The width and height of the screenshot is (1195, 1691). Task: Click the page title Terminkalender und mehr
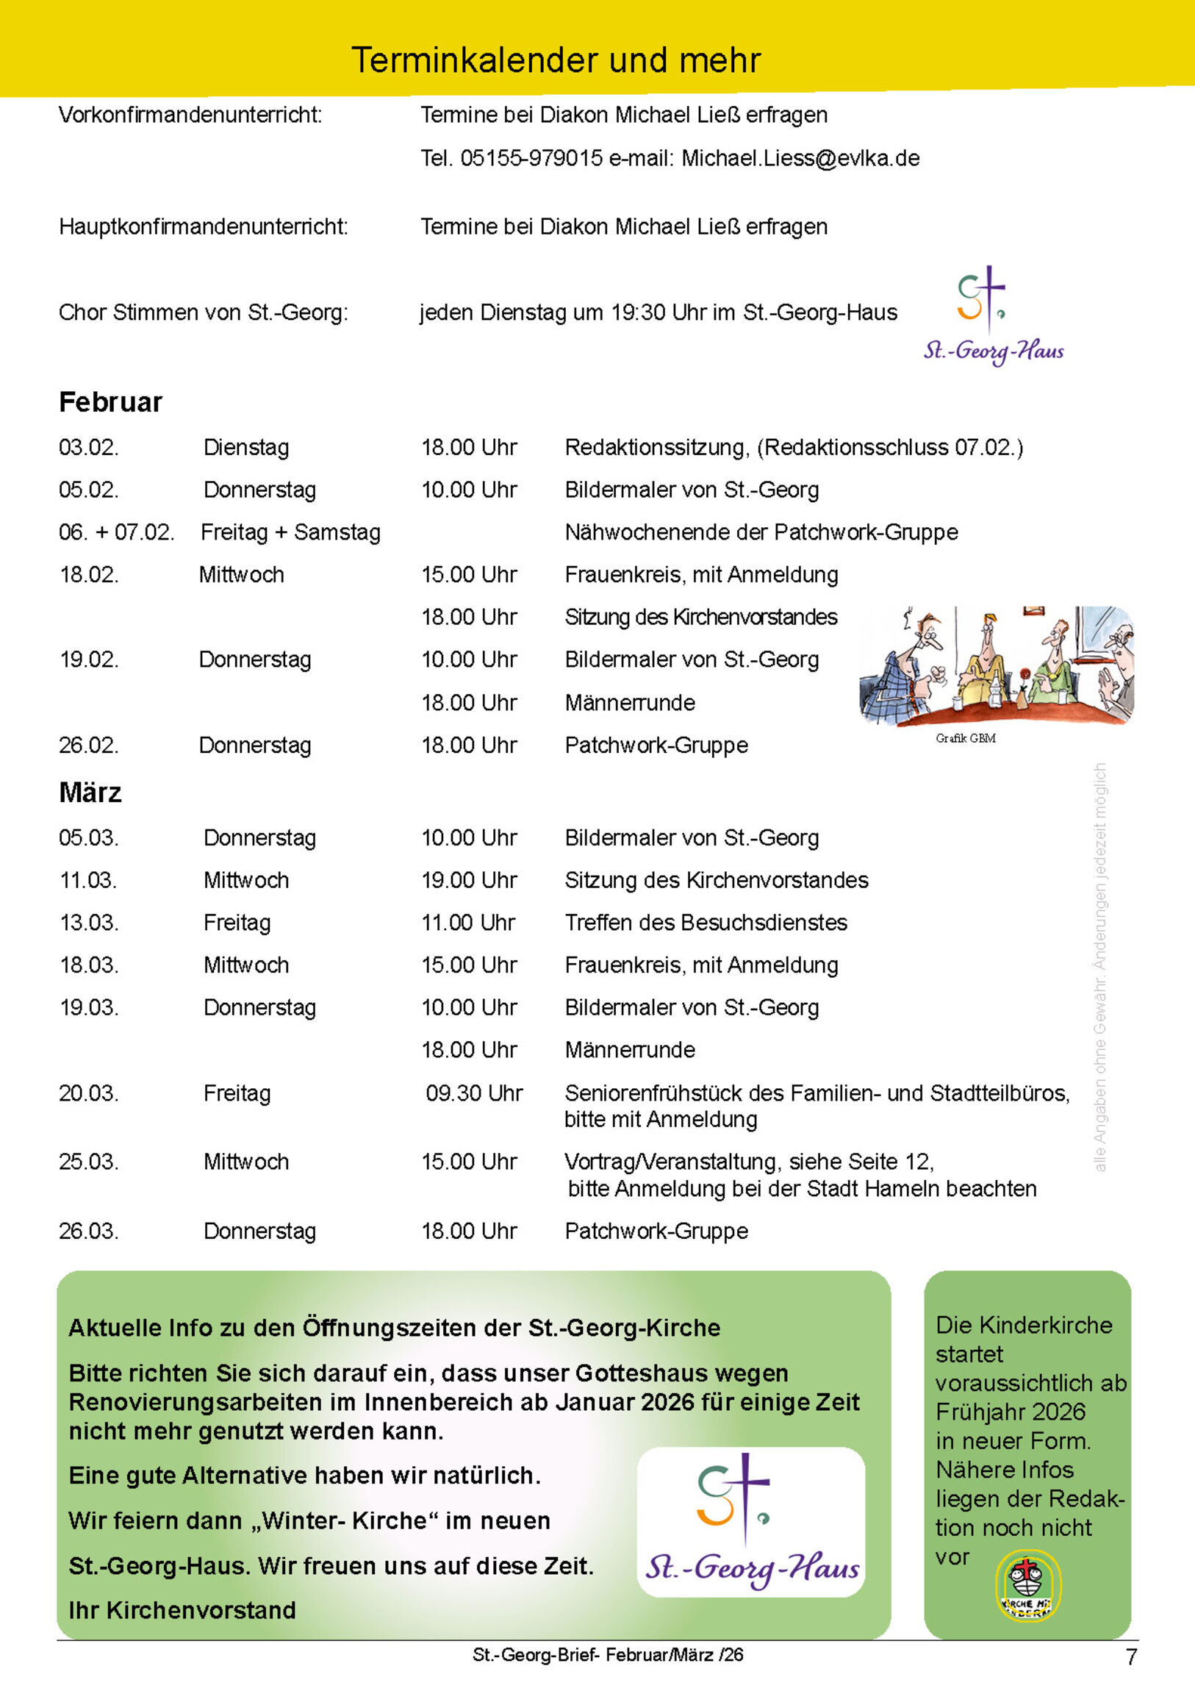click(x=556, y=60)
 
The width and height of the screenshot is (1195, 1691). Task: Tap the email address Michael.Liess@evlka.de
click(x=800, y=158)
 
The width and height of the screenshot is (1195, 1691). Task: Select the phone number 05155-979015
click(x=531, y=158)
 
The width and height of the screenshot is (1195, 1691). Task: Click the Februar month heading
click(x=110, y=403)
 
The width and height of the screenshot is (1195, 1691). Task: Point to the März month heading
click(x=90, y=793)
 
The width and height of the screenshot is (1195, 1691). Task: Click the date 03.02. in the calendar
click(x=88, y=448)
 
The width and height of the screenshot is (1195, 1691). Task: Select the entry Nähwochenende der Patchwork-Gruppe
click(x=761, y=532)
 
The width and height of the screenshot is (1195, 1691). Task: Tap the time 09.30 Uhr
click(x=473, y=1093)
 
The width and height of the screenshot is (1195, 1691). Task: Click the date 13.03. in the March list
click(x=88, y=923)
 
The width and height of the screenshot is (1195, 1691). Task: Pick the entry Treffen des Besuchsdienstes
click(x=706, y=923)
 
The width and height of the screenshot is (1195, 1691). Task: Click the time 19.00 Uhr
click(x=469, y=880)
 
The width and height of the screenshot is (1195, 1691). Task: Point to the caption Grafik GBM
click(x=965, y=738)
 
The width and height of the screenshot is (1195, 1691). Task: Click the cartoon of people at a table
click(x=997, y=665)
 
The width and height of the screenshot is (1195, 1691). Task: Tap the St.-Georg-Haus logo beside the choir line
click(x=992, y=315)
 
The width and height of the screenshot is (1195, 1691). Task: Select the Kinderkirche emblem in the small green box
click(x=1028, y=1586)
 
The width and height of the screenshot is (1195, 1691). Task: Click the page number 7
click(x=1131, y=1657)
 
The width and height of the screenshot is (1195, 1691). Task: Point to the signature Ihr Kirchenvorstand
click(x=182, y=1610)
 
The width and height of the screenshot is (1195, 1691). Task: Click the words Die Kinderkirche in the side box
click(x=1024, y=1325)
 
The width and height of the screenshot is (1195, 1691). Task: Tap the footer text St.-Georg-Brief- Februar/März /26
click(x=608, y=1655)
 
